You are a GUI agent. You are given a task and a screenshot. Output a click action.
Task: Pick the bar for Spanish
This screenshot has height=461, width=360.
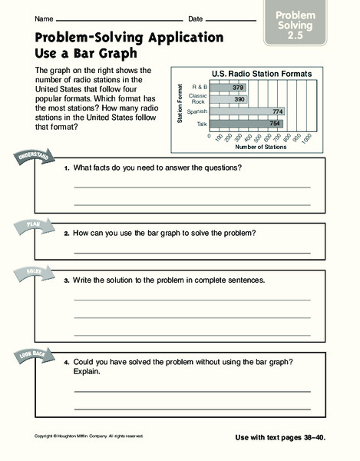[x=247, y=111]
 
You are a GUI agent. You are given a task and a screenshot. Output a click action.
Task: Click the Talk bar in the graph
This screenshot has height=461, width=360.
[x=246, y=122]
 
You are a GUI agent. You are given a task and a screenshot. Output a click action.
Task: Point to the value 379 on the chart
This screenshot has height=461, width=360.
[x=237, y=88]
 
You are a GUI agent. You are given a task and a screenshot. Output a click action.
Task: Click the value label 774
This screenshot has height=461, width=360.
[x=276, y=111]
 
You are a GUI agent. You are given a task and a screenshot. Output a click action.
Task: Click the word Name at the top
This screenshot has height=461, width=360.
[x=44, y=18]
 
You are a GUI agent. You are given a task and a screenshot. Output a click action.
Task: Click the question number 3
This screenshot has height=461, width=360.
[x=67, y=280]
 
